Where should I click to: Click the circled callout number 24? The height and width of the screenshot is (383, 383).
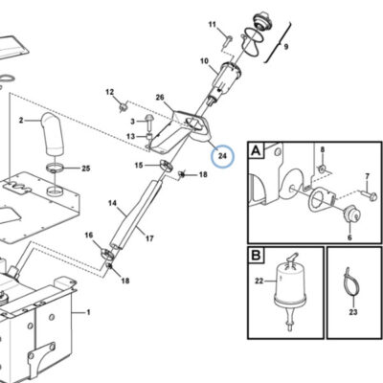(x=222, y=156)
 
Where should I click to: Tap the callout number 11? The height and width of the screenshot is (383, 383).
(x=213, y=24)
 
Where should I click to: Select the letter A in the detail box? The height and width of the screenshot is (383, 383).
(x=256, y=150)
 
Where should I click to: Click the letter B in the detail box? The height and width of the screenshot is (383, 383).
(x=256, y=256)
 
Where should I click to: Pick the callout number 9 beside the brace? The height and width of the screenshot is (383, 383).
(x=286, y=47)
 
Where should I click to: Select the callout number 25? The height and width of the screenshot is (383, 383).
(x=86, y=169)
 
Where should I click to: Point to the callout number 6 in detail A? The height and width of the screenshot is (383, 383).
(x=349, y=237)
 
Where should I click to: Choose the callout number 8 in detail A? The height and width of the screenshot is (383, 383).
(x=323, y=149)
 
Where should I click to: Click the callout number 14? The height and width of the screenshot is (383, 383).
(x=112, y=203)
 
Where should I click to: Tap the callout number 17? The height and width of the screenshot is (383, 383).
(x=149, y=238)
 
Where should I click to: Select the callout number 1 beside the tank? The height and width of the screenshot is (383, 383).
(x=88, y=312)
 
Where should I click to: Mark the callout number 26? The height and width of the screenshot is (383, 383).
(x=160, y=97)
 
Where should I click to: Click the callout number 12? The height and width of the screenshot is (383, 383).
(x=110, y=92)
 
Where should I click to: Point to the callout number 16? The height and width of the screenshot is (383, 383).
(x=89, y=236)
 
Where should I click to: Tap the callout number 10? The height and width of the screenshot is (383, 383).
(x=204, y=60)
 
